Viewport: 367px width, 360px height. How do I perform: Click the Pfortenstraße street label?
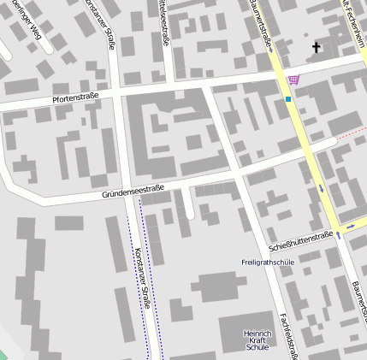75,97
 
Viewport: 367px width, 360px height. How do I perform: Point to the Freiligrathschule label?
268,262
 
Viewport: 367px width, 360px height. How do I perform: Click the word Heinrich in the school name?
257,333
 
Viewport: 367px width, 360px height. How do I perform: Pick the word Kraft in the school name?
257,340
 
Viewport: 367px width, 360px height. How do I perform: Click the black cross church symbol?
317,47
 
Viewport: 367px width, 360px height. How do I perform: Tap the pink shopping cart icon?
294,80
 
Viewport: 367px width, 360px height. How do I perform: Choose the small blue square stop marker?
289,99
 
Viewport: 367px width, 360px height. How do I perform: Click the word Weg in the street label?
34,32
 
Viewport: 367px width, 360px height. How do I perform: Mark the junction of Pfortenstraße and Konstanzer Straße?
118,92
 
